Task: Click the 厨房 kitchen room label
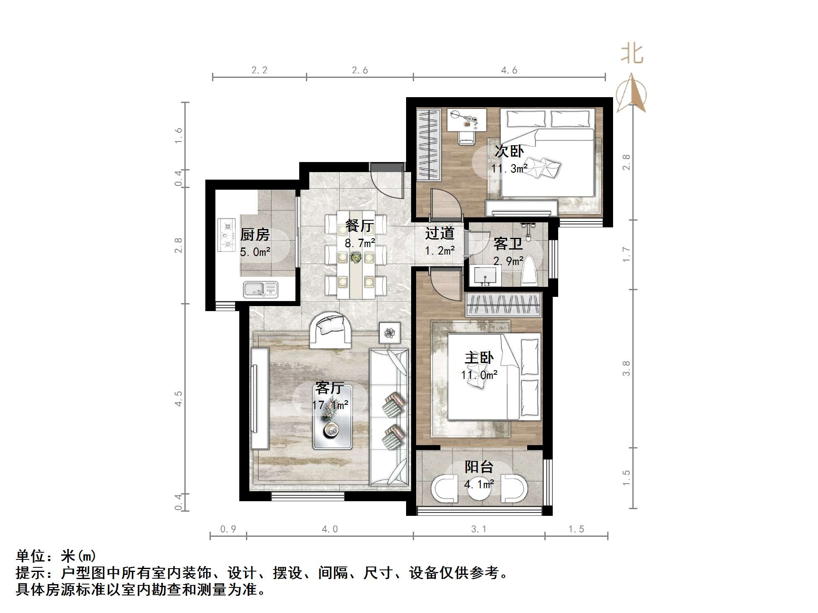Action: coord(255,234)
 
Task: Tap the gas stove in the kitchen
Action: coord(226,235)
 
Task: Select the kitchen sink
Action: coord(260,289)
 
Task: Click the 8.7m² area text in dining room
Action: coord(360,243)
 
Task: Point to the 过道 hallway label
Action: coord(440,233)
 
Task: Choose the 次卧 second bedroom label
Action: coord(509,151)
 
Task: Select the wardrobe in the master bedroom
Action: coord(503,305)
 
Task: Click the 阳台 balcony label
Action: coord(479,467)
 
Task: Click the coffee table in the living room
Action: coord(333,417)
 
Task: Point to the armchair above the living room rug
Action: coord(330,331)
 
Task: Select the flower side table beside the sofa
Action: coord(390,333)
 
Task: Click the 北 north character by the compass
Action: coord(632,54)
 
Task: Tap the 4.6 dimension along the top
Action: coord(509,70)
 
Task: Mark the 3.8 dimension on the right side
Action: coord(626,368)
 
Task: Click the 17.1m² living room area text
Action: coord(330,405)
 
